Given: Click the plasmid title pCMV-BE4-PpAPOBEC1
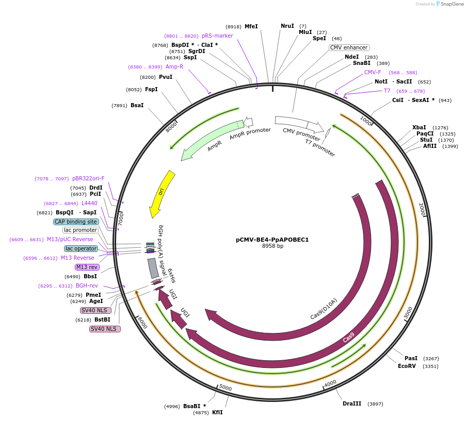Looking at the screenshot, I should pyautogui.click(x=272, y=240).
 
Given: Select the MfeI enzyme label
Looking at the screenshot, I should pyautogui.click(x=251, y=26).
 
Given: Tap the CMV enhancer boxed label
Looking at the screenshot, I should pyautogui.click(x=349, y=47).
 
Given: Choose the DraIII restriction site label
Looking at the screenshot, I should pyautogui.click(x=352, y=403).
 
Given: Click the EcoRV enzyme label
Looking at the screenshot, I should pyautogui.click(x=407, y=366).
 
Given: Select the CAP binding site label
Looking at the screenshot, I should pyautogui.click(x=76, y=222).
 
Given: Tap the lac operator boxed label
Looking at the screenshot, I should pyautogui.click(x=81, y=248).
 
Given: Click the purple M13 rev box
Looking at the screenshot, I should pyautogui.click(x=87, y=267).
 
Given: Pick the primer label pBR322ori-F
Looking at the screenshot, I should pyautogui.click(x=88, y=178).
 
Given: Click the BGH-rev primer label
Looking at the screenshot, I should pyautogui.click(x=87, y=285).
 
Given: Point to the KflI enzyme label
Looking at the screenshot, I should pyautogui.click(x=217, y=412).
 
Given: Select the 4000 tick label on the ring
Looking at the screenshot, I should pyautogui.click(x=330, y=383).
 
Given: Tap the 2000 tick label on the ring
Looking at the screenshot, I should pyautogui.click(x=422, y=209).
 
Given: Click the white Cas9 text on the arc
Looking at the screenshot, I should pyautogui.click(x=349, y=338).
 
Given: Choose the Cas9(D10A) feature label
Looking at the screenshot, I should pyautogui.click(x=324, y=309).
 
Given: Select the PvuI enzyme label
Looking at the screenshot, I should pyautogui.click(x=166, y=77).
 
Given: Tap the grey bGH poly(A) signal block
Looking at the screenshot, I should pyautogui.click(x=153, y=268).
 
